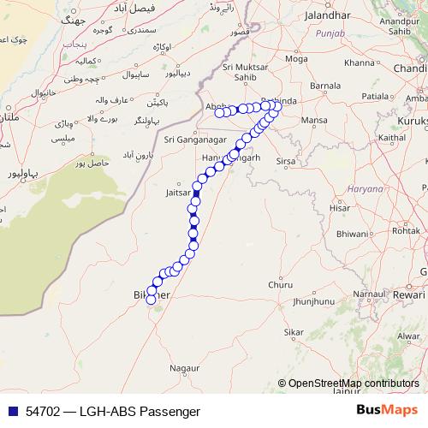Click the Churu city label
tap(279, 285)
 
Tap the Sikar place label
tap(294, 331)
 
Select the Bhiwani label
tap(353, 233)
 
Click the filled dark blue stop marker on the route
tap(196, 193)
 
